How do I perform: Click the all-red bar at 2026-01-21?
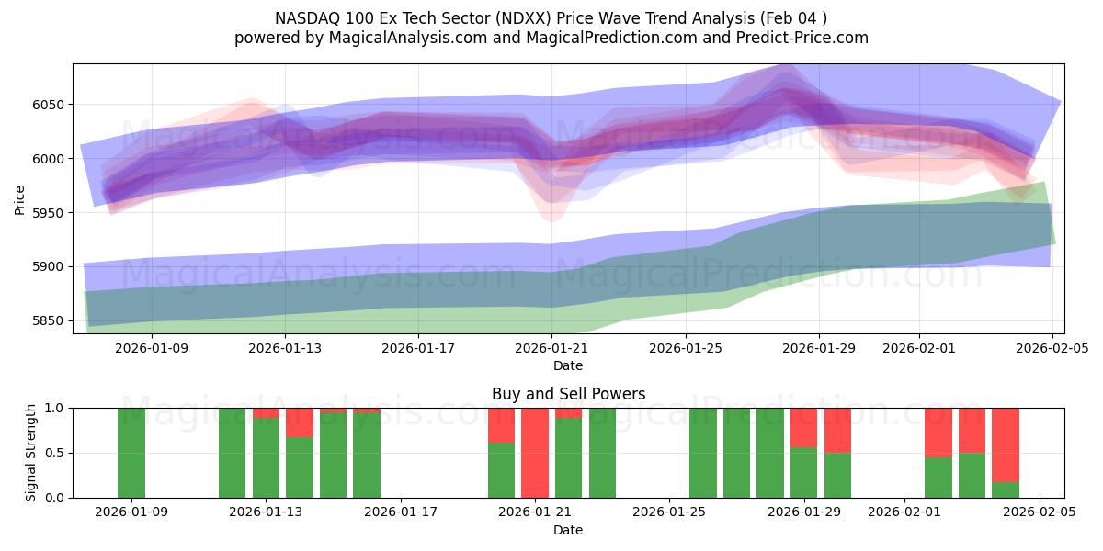tap(535, 453)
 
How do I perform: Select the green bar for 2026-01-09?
tap(131, 453)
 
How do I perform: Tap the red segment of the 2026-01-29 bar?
tap(804, 428)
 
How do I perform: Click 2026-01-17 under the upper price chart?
tap(419, 348)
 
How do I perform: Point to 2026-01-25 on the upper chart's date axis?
tap(686, 348)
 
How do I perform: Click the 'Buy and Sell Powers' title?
tap(568, 394)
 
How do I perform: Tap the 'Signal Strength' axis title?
tap(31, 453)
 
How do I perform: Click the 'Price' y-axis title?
tap(19, 198)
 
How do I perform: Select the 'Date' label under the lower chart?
tap(568, 530)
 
